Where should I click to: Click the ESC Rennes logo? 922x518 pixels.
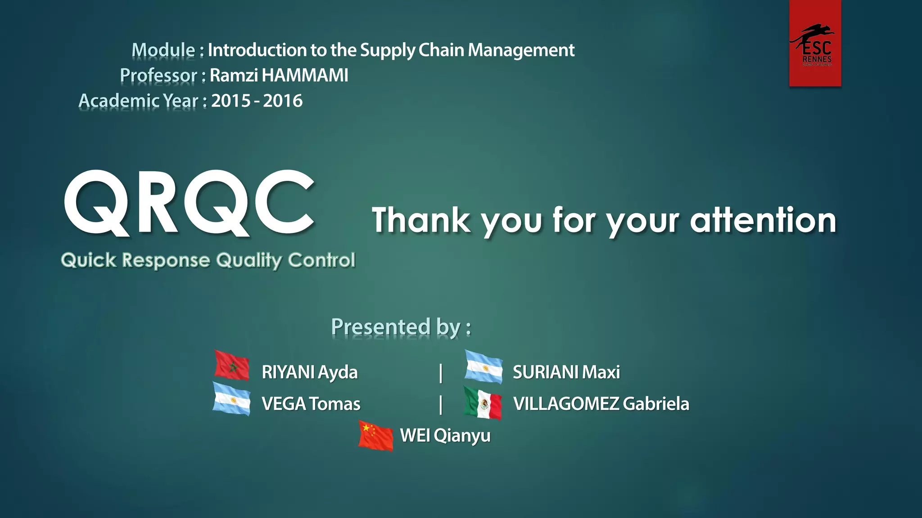coord(815,44)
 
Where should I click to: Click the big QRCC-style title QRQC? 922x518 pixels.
coord(189,203)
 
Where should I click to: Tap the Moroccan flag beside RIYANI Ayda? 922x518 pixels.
coord(232,365)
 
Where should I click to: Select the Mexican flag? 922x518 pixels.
coord(483,403)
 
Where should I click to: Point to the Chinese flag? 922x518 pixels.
coord(376,435)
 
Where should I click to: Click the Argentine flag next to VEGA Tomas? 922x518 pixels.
coord(231,398)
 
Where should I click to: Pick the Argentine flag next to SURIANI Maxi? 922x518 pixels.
coord(484,367)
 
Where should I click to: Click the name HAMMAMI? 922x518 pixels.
coord(305,76)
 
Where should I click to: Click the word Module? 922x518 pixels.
coord(163,50)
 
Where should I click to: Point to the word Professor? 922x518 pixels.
coord(158,76)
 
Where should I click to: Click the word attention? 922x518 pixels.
coord(763,220)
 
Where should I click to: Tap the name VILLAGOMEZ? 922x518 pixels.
coord(566,404)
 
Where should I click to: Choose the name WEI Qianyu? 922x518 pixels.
coord(445,436)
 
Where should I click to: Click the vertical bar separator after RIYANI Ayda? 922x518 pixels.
coord(441,373)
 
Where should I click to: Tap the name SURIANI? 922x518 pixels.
coord(545,372)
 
